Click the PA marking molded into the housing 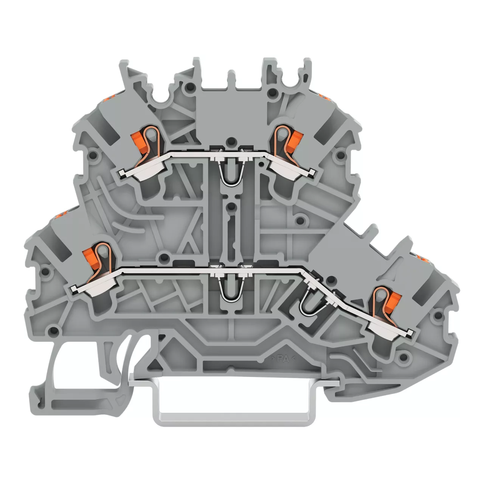(x=283, y=359)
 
